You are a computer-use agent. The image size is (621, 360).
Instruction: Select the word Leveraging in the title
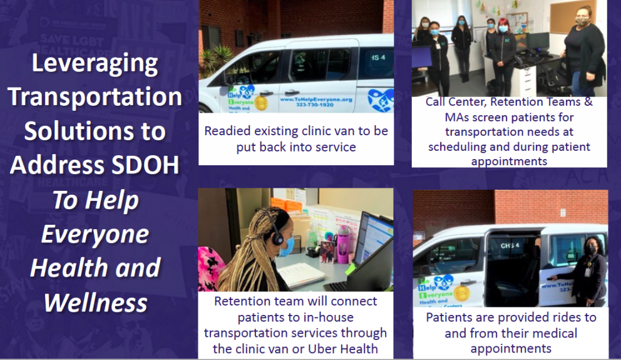pyautogui.click(x=95, y=63)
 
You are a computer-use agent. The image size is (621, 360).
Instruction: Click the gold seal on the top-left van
pyautogui.click(x=261, y=103)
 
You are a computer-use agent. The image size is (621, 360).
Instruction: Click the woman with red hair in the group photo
pyautogui.click(x=503, y=50)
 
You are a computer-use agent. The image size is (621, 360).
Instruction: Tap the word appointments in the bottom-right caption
pyautogui.click(x=510, y=349)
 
